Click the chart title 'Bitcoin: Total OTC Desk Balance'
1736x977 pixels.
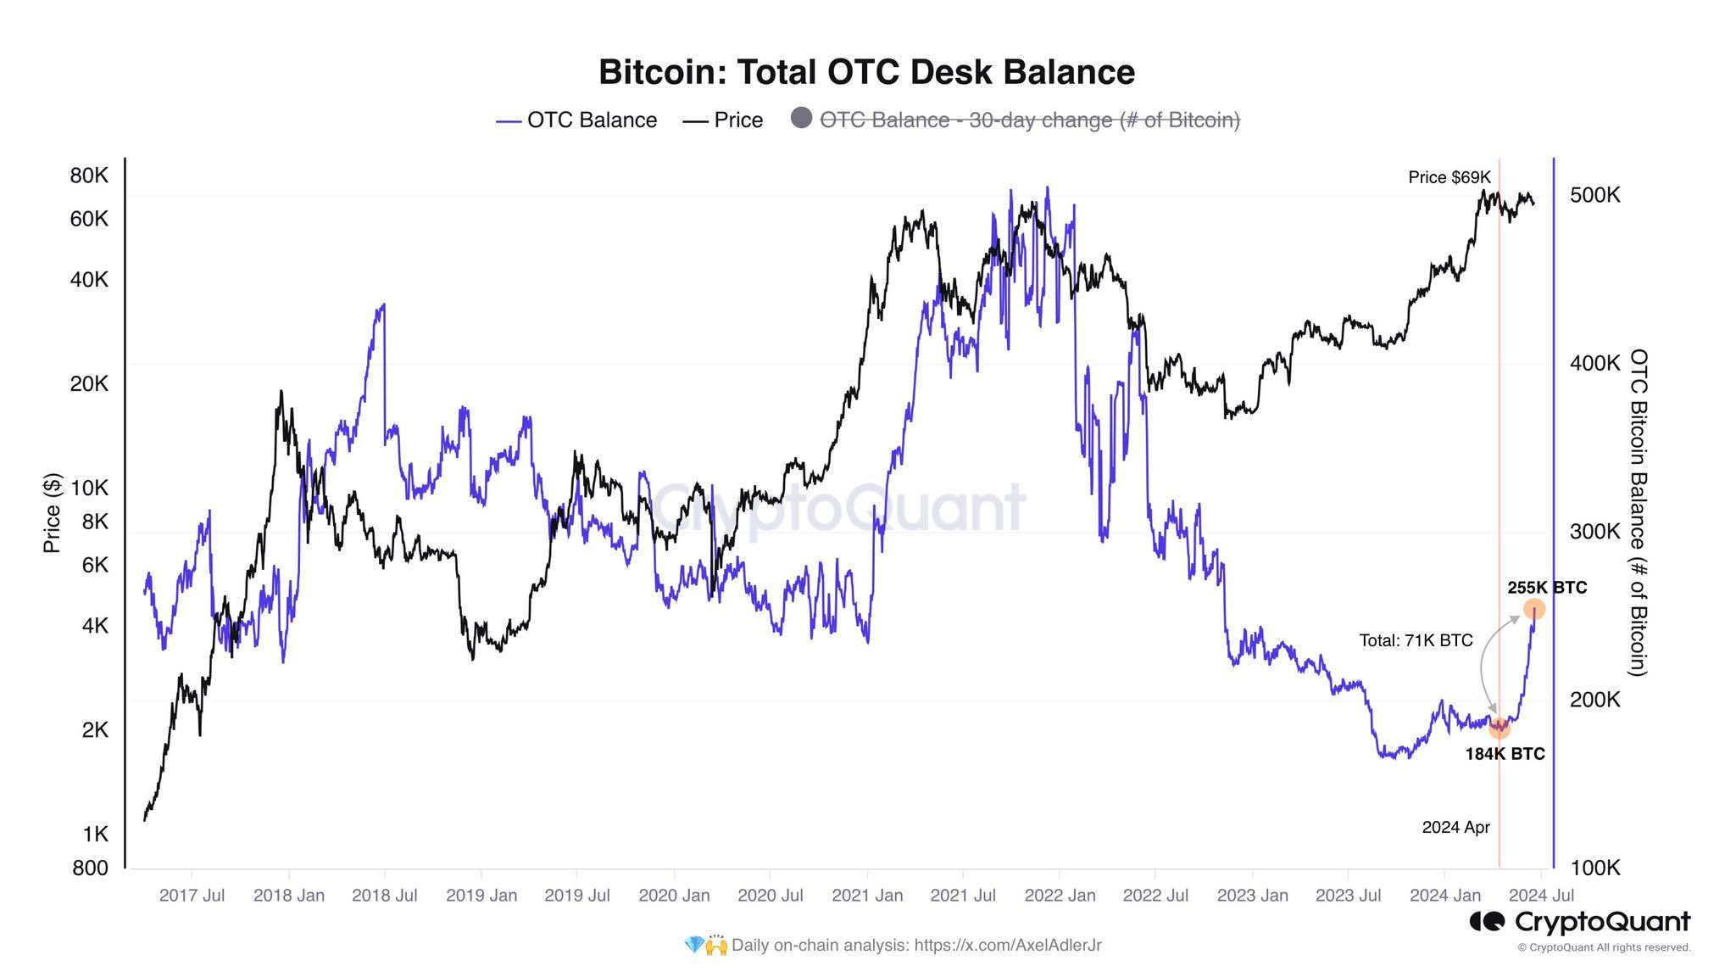coord(866,72)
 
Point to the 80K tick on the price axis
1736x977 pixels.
coord(89,176)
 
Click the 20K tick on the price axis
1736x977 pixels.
coord(89,384)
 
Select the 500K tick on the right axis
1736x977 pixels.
coord(1594,195)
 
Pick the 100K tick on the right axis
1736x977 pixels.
coord(1594,868)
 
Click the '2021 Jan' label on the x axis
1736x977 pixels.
coord(867,896)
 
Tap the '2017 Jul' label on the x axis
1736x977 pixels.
coord(192,896)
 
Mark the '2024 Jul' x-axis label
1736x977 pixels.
coord(1541,896)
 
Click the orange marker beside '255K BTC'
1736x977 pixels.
coord(1533,609)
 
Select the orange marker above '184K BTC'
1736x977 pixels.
coord(1500,728)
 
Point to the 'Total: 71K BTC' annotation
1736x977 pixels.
coord(1416,640)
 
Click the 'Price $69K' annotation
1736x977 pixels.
coord(1449,177)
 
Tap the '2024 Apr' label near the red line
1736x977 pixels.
coord(1455,827)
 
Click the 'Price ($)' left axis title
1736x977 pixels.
coord(52,513)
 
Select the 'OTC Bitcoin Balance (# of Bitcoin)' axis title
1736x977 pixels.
coord(1639,512)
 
